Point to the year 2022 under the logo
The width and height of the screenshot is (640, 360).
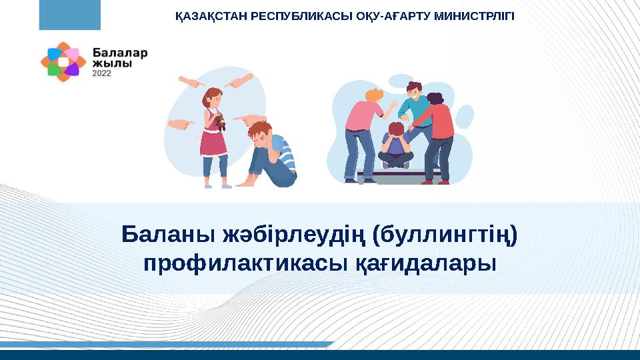[101, 73]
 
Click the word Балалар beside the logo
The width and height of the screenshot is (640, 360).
[120, 53]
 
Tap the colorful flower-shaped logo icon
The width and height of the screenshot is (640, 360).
[63, 62]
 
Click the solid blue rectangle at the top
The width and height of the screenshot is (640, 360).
[70, 15]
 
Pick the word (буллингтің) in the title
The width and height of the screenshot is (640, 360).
[445, 235]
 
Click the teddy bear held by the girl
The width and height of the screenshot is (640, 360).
[219, 121]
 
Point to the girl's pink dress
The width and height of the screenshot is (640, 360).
[213, 138]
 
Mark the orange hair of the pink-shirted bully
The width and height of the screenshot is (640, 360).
[373, 96]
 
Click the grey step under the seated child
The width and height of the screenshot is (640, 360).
[399, 176]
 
